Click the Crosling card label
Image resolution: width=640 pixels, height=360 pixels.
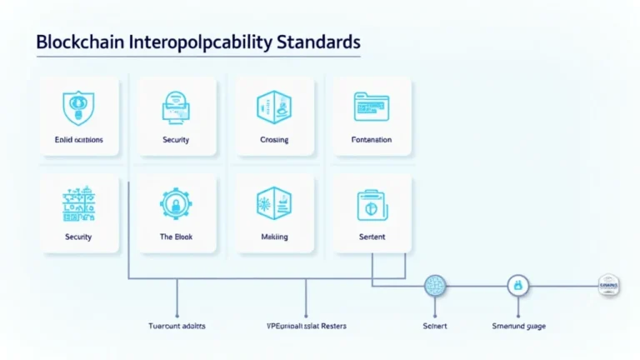(274, 140)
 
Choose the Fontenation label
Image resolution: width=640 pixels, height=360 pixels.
(372, 140)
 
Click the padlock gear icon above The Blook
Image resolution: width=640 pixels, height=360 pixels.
(177, 205)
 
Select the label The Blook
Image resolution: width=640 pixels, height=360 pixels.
(177, 237)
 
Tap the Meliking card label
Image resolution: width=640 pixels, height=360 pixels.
(274, 237)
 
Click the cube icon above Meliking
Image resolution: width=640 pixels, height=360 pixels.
(274, 205)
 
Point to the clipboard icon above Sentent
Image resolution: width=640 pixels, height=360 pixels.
(372, 205)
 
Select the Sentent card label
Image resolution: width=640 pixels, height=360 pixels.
(372, 237)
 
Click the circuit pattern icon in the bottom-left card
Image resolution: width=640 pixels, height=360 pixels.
(78, 205)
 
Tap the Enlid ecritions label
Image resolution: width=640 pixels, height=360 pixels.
(78, 140)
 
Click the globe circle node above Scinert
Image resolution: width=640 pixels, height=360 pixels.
(435, 286)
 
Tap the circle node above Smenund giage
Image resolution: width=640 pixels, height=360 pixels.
(518, 286)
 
